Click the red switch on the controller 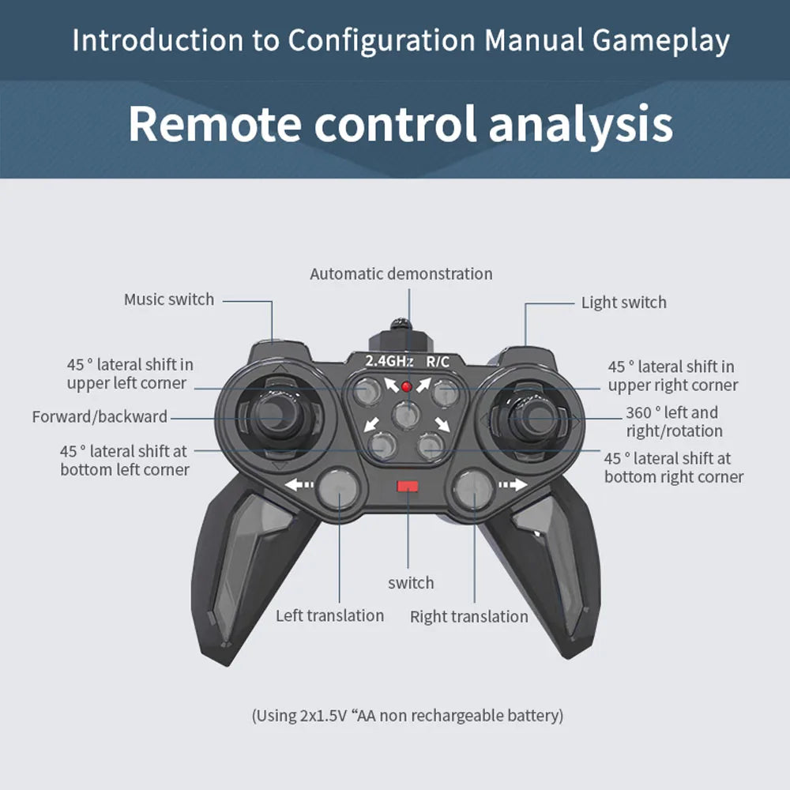point(407,486)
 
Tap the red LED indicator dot point(407,386)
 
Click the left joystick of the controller point(276,416)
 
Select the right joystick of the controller point(533,418)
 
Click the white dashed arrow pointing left point(299,485)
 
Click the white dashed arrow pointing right point(513,485)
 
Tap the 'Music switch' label point(169,299)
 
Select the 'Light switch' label point(624,303)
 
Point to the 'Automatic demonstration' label point(401,274)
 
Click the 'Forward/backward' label point(100,416)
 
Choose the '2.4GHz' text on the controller point(389,361)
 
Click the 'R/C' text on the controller point(438,361)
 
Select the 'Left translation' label point(329,615)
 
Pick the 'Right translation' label point(469,617)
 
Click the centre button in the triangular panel point(405,416)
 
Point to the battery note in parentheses point(407,716)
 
